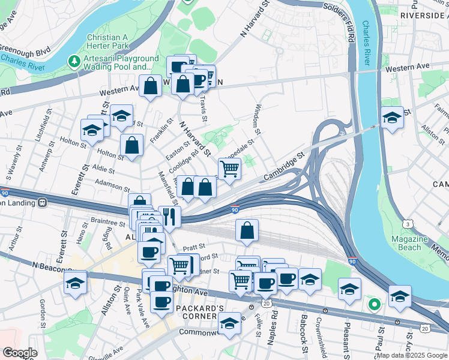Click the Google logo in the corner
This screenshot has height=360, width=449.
pos(20,353)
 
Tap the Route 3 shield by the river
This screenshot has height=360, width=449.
pos(408,224)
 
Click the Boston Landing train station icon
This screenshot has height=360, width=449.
pos(43,202)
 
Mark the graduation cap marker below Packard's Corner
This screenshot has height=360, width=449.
pos(228,324)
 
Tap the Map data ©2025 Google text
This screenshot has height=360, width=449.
pos(412,355)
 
